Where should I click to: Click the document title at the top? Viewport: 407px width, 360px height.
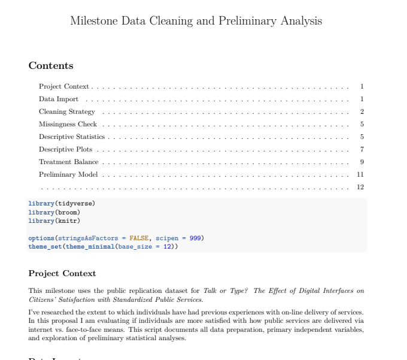pos(196,21)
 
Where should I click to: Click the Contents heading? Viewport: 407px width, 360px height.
pos(51,66)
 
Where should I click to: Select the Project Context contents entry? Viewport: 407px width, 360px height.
pos(64,87)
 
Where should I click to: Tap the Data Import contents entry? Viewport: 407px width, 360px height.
pos(59,99)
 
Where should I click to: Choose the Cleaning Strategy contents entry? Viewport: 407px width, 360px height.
pos(67,112)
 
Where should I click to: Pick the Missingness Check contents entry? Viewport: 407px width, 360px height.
pos(68,125)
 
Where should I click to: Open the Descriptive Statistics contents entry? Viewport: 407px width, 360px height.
pos(72,137)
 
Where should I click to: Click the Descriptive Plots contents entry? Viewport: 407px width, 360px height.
pos(65,150)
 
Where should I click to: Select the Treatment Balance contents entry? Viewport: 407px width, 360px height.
pos(69,162)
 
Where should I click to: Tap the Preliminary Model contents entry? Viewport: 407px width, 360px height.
pos(69,175)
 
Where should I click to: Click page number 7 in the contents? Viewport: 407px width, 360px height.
pos(362,150)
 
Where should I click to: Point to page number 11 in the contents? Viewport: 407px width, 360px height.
pos(360,175)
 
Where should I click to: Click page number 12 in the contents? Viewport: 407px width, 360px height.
pos(360,187)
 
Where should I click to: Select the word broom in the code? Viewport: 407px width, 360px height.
pos(68,212)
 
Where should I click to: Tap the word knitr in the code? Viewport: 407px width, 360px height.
pos(68,220)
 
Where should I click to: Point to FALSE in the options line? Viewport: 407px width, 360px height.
pos(139,238)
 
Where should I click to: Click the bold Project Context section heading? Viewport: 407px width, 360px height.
pos(62,274)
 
